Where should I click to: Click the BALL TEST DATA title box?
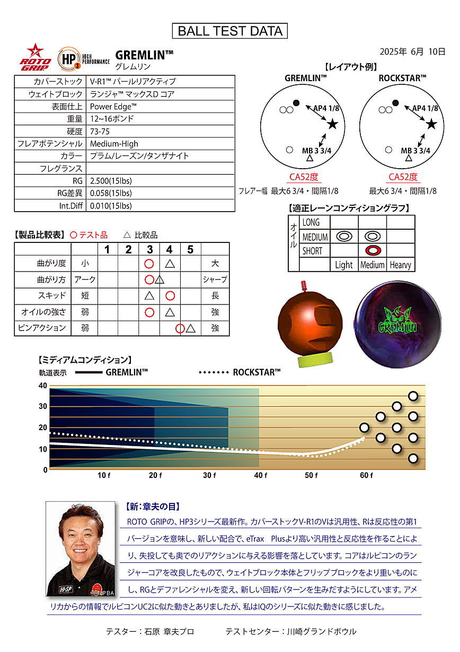pyautogui.click(x=230, y=31)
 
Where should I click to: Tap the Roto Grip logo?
pyautogui.click(x=36, y=57)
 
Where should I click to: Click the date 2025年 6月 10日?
pyautogui.click(x=412, y=51)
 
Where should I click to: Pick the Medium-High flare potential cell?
pyautogui.click(x=114, y=143)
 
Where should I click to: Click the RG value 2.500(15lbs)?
pyautogui.click(x=111, y=181)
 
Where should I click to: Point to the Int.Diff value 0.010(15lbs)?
pyautogui.click(x=111, y=206)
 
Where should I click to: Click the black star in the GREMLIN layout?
pyautogui.click(x=332, y=124)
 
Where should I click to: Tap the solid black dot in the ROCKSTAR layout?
pyautogui.click(x=395, y=102)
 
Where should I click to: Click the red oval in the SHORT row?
pyautogui.click(x=373, y=250)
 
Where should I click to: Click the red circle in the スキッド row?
pyautogui.click(x=170, y=295)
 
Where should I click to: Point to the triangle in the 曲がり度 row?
pyautogui.click(x=170, y=263)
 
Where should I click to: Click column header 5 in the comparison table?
pyautogui.click(x=190, y=249)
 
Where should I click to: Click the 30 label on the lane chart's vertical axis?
pyautogui.click(x=43, y=406)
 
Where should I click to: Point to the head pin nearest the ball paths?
pyautogui.click(x=364, y=427)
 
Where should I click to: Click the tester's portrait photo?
pyautogui.click(x=81, y=550)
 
